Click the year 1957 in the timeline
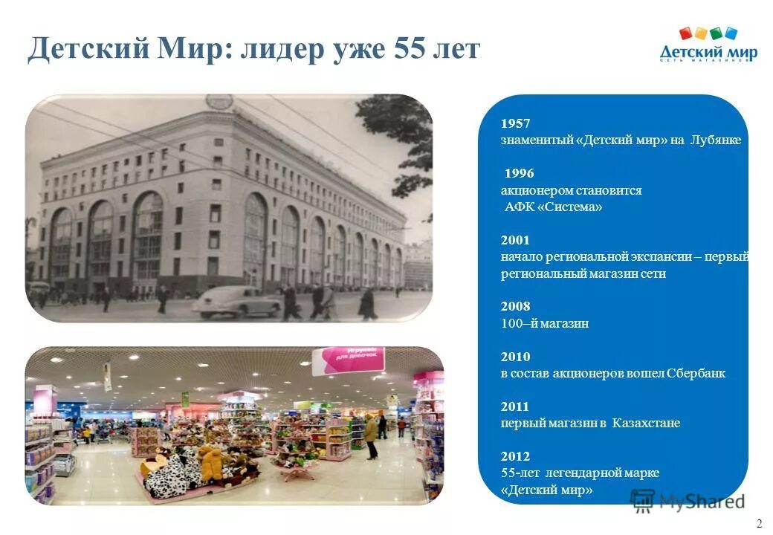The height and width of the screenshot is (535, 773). pos(515,123)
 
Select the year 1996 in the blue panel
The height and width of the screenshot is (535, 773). pos(519,174)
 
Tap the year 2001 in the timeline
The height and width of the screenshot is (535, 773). pos(515,241)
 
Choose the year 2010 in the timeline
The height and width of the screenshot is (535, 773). pos(515,357)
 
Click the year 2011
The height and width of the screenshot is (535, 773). pos(515,406)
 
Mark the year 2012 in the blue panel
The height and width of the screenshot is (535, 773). pos(515,456)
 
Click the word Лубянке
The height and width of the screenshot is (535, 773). pos(715,140)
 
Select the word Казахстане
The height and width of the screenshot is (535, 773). pos(647,424)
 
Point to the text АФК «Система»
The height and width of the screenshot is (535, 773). pos(554,207)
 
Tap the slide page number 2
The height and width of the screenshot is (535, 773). pos(759,523)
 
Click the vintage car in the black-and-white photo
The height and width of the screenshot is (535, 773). pos(236,300)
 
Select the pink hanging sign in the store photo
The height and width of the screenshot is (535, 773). pos(348,360)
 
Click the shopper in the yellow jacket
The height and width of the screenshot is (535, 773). pos(370,435)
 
